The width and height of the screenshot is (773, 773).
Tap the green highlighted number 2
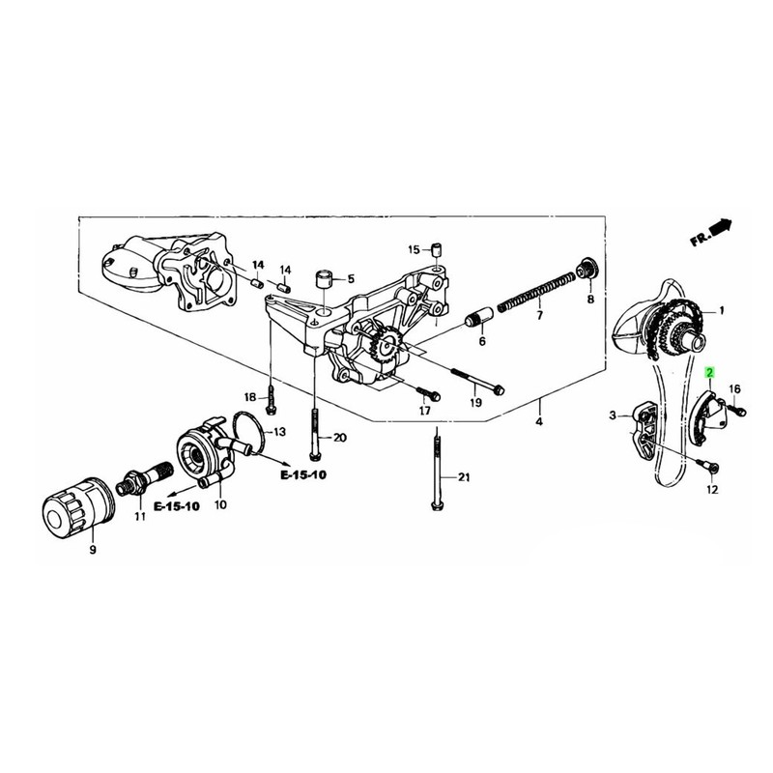click(710, 372)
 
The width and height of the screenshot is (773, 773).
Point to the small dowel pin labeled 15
click(437, 251)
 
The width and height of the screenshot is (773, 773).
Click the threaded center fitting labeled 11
click(140, 477)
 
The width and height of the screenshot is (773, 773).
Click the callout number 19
click(475, 402)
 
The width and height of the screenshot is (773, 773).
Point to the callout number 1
click(720, 311)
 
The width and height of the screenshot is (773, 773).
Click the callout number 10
click(220, 504)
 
